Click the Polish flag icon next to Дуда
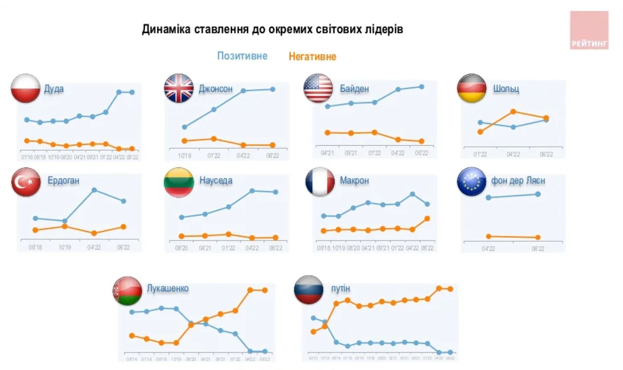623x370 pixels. (25, 88)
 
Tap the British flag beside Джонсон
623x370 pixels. (179, 88)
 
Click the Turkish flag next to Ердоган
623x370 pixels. (26, 182)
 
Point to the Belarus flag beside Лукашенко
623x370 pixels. (127, 291)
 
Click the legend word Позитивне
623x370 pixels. (242, 56)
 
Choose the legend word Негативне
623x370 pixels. (312, 56)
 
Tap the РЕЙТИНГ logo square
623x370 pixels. (589, 30)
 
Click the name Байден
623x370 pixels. (354, 89)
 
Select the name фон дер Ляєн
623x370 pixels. (518, 181)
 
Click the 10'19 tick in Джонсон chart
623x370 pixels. (184, 156)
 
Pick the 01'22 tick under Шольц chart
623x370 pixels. (480, 154)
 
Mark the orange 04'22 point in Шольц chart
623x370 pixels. (513, 112)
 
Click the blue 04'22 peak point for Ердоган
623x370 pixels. (94, 190)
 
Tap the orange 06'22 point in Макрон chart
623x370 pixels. (427, 219)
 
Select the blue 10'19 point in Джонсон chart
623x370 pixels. (184, 127)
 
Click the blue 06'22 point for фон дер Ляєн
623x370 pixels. (538, 194)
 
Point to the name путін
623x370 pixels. (340, 288)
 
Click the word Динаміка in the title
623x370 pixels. (166, 29)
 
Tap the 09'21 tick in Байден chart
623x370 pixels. (350, 153)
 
